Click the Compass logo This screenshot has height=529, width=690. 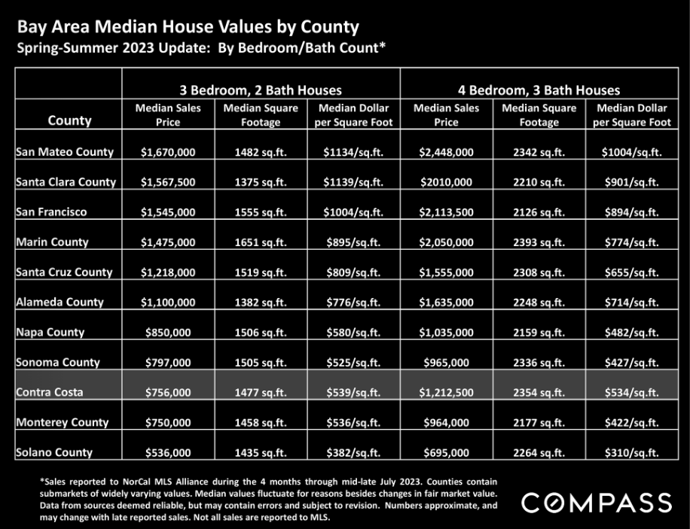(x=597, y=503)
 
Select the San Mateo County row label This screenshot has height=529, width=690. (x=65, y=152)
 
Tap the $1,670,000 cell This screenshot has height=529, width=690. (x=168, y=152)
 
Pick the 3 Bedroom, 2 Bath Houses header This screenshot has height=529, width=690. (x=261, y=90)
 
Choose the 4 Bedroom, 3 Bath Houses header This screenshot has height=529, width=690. (x=539, y=90)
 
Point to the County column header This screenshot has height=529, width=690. (x=69, y=120)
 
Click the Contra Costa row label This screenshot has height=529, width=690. (x=49, y=392)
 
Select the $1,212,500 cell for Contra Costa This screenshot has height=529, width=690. (x=446, y=392)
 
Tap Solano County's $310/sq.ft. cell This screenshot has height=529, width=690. (x=631, y=452)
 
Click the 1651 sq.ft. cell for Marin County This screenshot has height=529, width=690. (x=261, y=242)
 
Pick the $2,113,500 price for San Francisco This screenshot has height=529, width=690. (x=446, y=212)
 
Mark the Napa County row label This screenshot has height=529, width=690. (x=50, y=332)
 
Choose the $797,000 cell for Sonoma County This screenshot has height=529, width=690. (x=168, y=363)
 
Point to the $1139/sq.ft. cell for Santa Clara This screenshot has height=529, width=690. (x=353, y=182)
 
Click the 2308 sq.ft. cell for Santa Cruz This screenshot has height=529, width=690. (x=539, y=272)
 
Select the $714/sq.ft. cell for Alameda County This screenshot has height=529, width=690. (x=631, y=302)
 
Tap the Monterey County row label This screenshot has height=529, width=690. (x=62, y=422)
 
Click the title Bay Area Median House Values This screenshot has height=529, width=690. (x=145, y=27)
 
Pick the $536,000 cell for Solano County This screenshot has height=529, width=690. (x=168, y=452)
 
